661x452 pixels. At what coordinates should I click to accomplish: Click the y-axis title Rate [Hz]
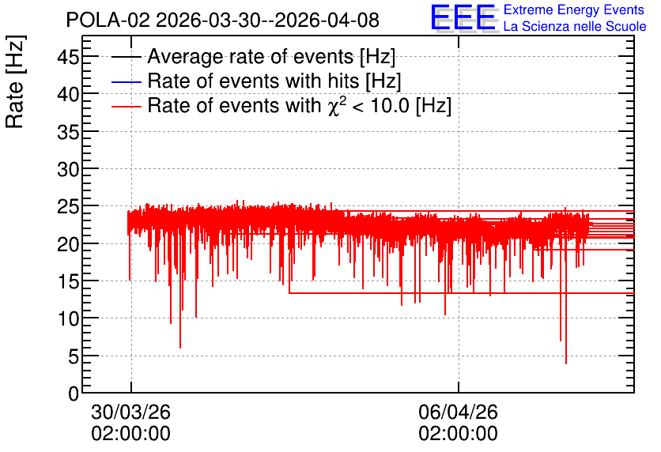[x=15, y=81]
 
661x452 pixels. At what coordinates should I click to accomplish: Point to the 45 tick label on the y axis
[x=68, y=56]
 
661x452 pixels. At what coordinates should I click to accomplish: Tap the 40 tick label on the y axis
[x=68, y=94]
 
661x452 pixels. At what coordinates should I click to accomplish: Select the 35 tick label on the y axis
[x=68, y=131]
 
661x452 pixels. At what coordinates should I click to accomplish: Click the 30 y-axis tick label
[x=68, y=169]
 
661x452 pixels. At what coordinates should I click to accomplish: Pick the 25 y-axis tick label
[x=68, y=206]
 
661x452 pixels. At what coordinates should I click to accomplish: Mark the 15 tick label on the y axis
[x=68, y=281]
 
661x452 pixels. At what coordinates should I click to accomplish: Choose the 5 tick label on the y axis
[x=74, y=356]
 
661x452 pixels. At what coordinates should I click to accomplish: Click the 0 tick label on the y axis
[x=74, y=394]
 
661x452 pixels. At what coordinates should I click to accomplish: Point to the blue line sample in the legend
[x=126, y=81]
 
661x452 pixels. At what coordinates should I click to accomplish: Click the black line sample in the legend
[x=126, y=57]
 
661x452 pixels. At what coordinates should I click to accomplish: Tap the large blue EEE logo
[x=463, y=17]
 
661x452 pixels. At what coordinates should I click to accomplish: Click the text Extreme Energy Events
[x=574, y=9]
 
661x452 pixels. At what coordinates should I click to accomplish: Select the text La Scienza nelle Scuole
[x=575, y=26]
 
